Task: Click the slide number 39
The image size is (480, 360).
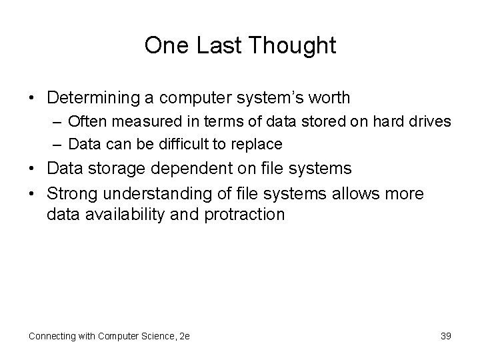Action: tap(445, 336)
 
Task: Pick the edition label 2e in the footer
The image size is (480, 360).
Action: tap(184, 336)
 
